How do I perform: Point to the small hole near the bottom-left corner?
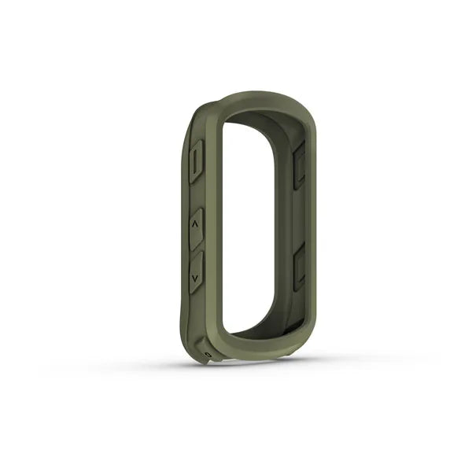pyautogui.click(x=205, y=355)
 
